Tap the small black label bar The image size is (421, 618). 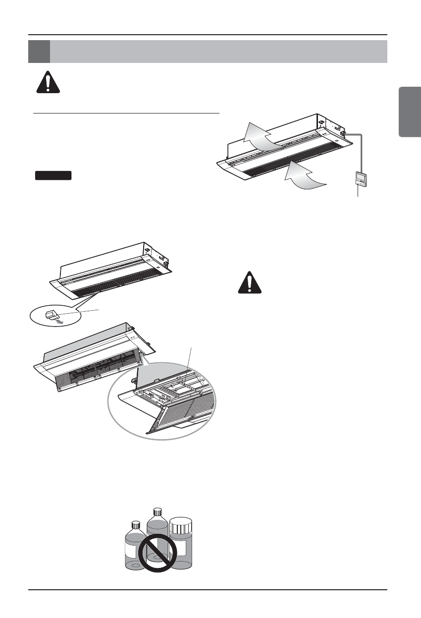(53, 175)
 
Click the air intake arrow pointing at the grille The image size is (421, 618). (304, 178)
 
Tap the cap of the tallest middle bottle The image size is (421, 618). (158, 511)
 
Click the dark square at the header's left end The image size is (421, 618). (39, 52)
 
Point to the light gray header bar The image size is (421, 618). (218, 52)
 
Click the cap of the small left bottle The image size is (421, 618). (135, 524)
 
